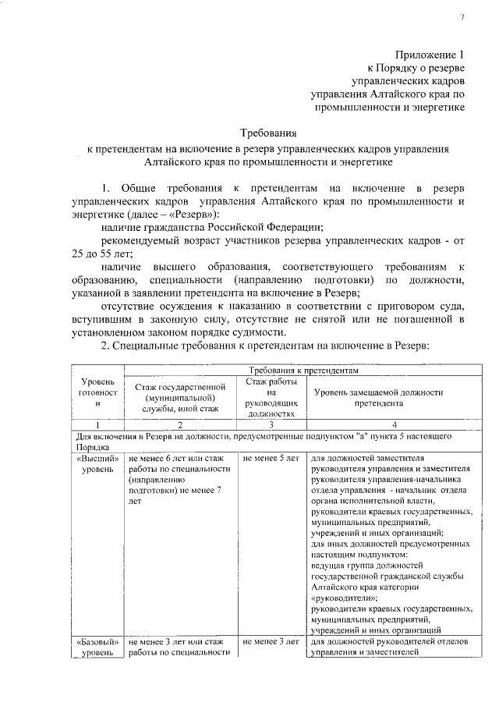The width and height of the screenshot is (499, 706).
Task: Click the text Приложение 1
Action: coord(429,55)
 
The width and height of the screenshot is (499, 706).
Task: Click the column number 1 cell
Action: coord(98,424)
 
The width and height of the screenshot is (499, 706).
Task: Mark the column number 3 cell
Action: coord(269,424)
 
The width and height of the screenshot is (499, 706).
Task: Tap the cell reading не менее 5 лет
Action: coord(271,459)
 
